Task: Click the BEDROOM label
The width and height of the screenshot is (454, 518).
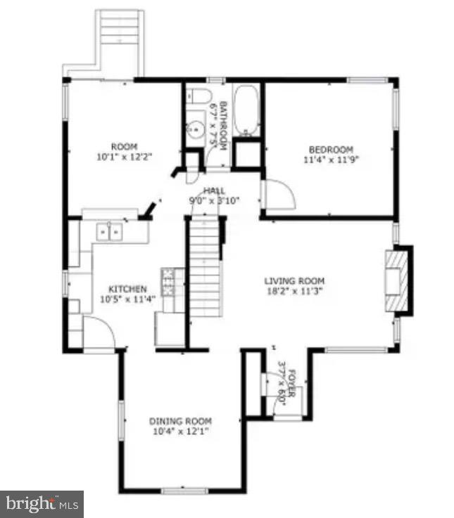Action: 330,149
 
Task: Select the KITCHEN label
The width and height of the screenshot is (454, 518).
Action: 127,289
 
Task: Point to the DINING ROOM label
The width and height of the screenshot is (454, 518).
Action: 179,421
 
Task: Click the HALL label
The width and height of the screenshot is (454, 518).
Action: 214,191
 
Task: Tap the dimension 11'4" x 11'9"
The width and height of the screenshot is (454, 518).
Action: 330,160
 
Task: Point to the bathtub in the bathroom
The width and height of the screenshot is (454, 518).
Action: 246,110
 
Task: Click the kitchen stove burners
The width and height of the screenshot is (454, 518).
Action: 168,280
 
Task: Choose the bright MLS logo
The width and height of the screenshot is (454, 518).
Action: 42,503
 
